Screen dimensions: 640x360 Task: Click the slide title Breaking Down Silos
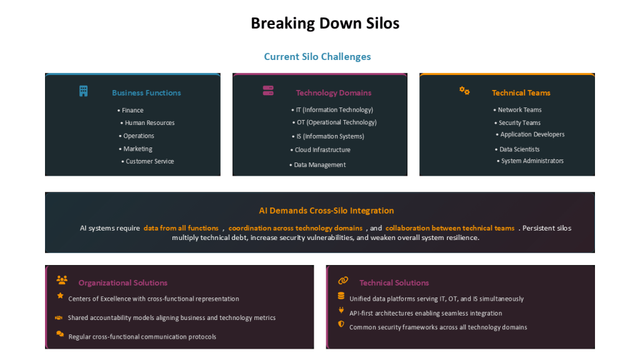[325, 23]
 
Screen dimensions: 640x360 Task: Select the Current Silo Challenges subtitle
[317, 56]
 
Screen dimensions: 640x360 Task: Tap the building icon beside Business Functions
[83, 91]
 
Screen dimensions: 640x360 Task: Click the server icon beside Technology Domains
[268, 91]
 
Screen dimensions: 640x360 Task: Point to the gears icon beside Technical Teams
[464, 91]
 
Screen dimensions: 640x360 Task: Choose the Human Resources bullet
[147, 123]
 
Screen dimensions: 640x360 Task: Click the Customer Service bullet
[147, 162]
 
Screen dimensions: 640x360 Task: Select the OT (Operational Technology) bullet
[334, 122]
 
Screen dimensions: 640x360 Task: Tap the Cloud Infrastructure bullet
[320, 150]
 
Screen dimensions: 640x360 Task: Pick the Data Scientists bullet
[517, 149]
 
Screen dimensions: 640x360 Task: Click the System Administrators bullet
[530, 161]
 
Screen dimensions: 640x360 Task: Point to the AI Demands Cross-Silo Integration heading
[326, 211]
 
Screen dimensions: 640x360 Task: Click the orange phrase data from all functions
[181, 228]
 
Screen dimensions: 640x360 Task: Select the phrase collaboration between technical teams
[450, 228]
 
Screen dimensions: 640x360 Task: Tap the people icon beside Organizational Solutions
[62, 280]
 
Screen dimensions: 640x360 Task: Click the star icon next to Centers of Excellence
[61, 296]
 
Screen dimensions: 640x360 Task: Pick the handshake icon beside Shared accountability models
[59, 317]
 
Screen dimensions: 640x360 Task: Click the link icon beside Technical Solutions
[343, 281]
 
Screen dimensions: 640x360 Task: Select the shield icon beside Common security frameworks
[341, 324]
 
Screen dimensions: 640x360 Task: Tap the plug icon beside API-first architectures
[341, 310]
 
